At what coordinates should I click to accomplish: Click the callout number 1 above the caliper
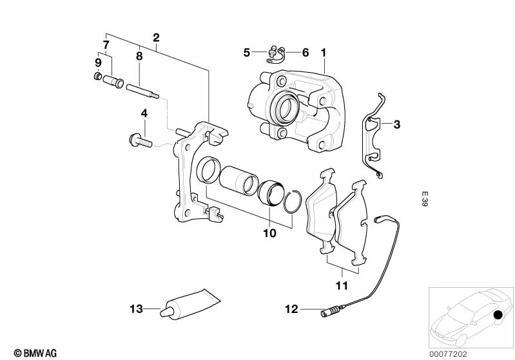point(324,53)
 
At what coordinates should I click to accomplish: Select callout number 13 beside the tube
point(136,309)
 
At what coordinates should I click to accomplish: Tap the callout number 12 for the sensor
point(291,309)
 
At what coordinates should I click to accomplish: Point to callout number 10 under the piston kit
point(269,233)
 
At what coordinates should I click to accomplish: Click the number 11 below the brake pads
point(342,285)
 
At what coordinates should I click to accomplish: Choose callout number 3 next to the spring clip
point(397,125)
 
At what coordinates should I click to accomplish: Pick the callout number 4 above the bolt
point(144,114)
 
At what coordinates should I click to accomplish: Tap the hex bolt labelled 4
point(141,141)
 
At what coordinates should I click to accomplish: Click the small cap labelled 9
point(97,77)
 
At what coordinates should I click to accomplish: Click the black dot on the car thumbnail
point(498,315)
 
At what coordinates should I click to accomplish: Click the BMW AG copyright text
point(35,353)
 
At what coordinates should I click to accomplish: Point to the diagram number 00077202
point(448,354)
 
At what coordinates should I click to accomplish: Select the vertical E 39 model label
point(425,199)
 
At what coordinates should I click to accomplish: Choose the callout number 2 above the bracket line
point(157,38)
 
